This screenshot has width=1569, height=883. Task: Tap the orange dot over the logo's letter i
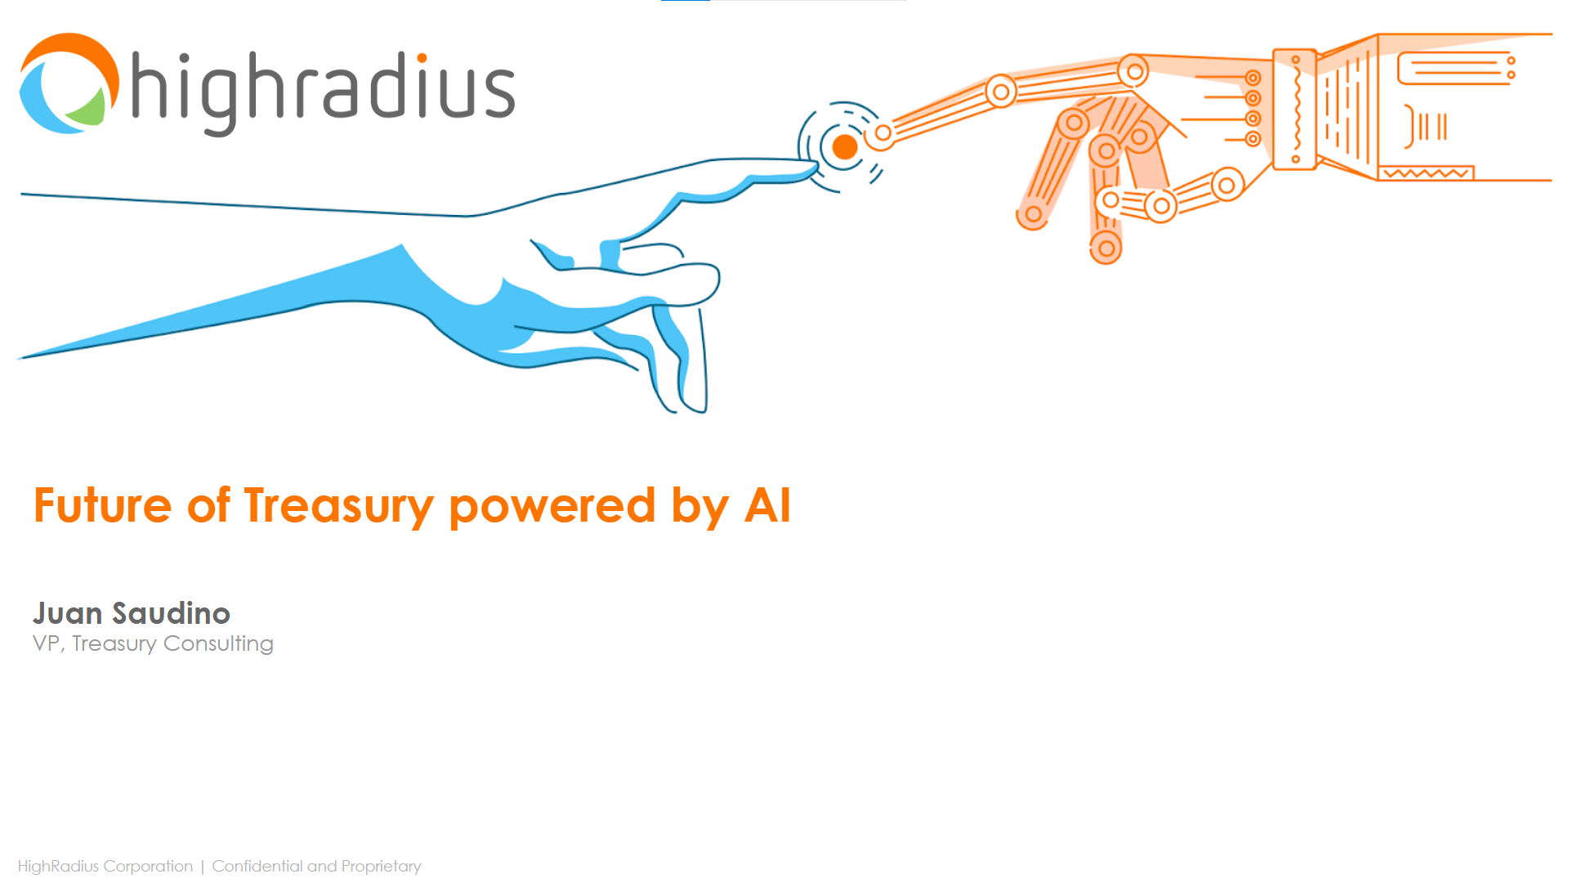click(x=422, y=58)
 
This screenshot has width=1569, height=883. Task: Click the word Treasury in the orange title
click(x=338, y=506)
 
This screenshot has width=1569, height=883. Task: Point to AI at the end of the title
click(x=767, y=506)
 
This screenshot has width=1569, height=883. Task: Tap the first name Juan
click(x=68, y=613)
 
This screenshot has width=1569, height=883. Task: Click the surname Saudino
click(x=171, y=613)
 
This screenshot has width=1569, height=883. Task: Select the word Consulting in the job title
click(x=218, y=644)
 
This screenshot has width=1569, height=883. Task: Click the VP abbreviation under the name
click(x=46, y=644)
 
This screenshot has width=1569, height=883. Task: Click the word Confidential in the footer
click(x=257, y=866)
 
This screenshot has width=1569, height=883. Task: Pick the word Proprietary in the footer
click(x=381, y=867)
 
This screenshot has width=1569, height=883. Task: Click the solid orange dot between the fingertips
click(x=844, y=147)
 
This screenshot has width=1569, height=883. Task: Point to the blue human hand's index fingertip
click(x=809, y=169)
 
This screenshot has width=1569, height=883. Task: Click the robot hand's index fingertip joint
click(x=883, y=133)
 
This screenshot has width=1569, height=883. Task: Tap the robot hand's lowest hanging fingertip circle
click(x=1106, y=249)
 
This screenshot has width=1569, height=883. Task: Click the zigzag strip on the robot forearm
click(x=1426, y=173)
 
